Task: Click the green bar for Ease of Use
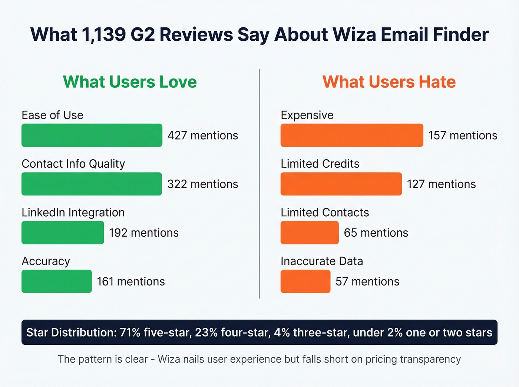(x=92, y=135)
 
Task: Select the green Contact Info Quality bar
(x=92, y=184)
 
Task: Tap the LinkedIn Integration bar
(x=63, y=233)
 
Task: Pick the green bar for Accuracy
(x=56, y=281)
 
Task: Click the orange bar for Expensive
(x=351, y=135)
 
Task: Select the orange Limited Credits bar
(x=341, y=184)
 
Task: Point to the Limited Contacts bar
(x=310, y=233)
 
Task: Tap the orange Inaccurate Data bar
(x=305, y=281)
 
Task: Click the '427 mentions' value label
(x=202, y=136)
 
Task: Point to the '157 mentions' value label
(x=463, y=136)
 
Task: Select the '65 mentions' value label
(x=376, y=233)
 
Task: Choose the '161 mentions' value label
(x=130, y=281)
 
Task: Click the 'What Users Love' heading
(x=130, y=82)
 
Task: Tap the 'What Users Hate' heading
(x=389, y=82)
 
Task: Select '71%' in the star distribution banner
(x=130, y=333)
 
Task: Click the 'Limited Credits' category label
(x=320, y=164)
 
